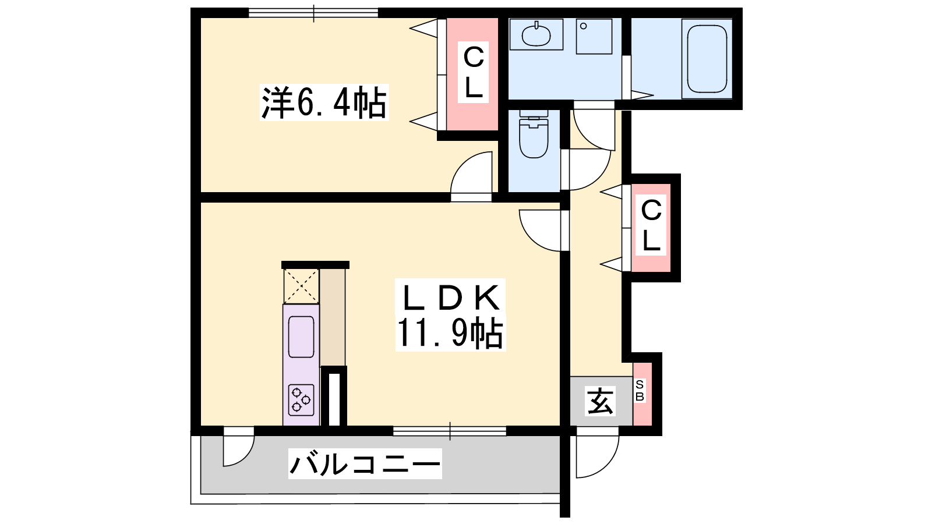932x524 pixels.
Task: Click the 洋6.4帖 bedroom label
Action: click(x=324, y=102)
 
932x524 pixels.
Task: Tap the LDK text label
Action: click(x=451, y=297)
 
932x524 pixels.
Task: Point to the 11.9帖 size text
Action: click(x=450, y=333)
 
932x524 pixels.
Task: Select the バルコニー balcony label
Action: click(x=365, y=463)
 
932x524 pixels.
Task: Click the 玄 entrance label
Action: click(x=601, y=401)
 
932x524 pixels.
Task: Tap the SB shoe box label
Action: click(x=640, y=391)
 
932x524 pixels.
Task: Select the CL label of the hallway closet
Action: click(x=651, y=225)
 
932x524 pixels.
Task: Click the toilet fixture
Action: click(x=534, y=134)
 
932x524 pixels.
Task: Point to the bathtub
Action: click(x=707, y=59)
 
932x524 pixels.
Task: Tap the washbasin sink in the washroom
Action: click(x=536, y=34)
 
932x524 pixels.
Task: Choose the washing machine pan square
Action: click(x=594, y=36)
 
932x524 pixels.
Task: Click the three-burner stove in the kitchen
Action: click(x=301, y=399)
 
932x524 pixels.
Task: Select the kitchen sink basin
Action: click(x=301, y=337)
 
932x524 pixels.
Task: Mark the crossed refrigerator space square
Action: click(x=301, y=286)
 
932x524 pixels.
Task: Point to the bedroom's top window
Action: click(x=313, y=13)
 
